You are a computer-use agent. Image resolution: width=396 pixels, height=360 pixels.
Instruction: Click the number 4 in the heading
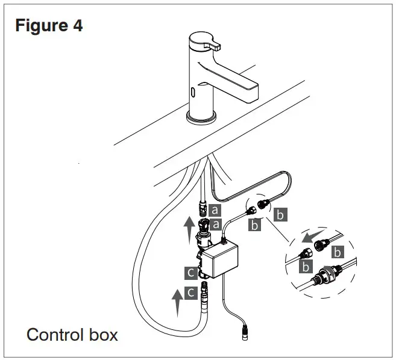point(77,26)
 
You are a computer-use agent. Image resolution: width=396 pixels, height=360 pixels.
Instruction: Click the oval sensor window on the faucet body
point(192,93)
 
